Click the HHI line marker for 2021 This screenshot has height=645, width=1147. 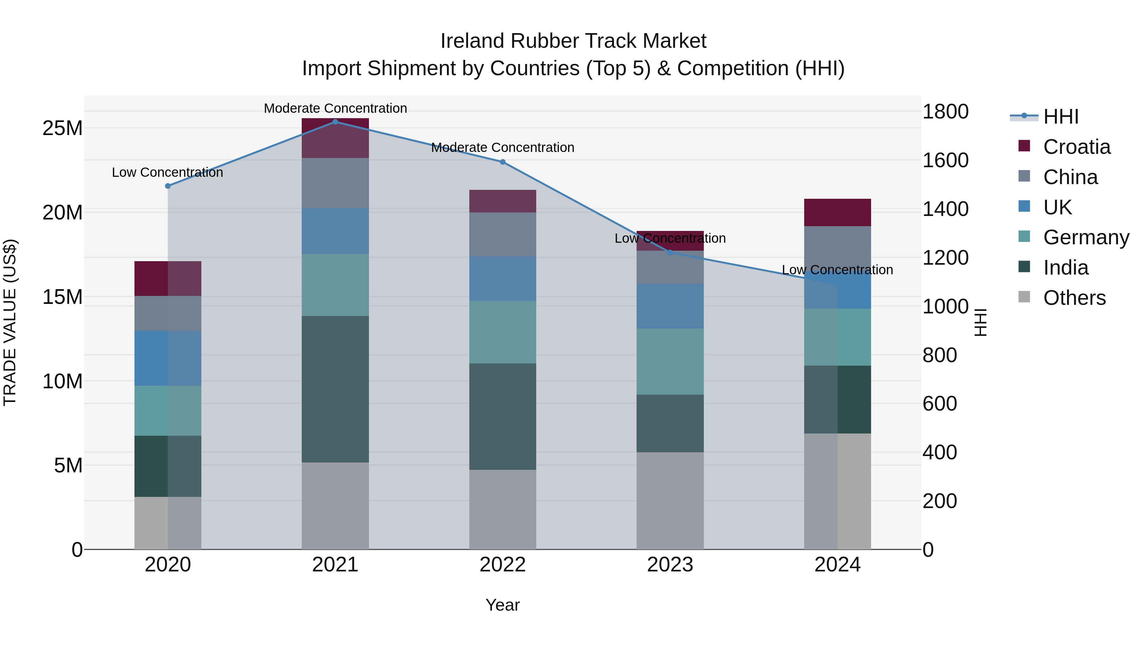[335, 122]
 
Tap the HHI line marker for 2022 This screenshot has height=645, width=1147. [503, 162]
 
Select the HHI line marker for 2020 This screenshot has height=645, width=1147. [168, 186]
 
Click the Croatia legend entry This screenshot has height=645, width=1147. [1076, 147]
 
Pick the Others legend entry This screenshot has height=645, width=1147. [1074, 298]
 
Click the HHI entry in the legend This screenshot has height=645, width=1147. [1061, 117]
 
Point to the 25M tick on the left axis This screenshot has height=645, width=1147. [62, 128]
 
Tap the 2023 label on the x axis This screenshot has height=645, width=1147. [670, 565]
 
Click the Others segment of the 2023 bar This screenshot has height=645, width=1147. [670, 501]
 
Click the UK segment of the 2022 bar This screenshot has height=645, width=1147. [503, 279]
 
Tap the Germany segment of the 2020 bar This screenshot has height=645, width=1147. [168, 411]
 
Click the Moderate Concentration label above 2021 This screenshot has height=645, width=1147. [335, 108]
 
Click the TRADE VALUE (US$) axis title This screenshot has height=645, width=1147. [10, 322]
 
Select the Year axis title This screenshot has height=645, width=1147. [503, 605]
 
